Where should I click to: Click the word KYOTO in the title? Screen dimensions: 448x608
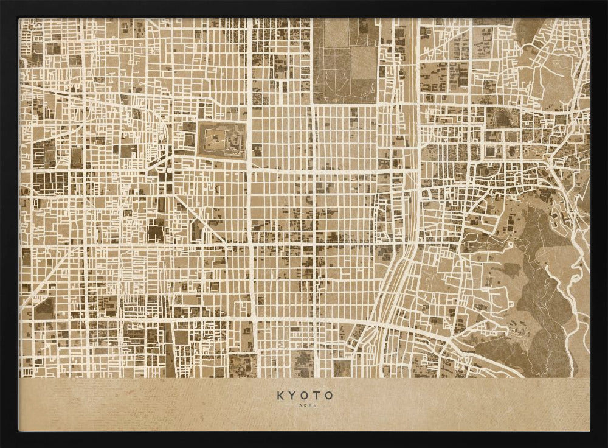(x=305, y=395)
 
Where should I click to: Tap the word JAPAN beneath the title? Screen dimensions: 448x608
(x=305, y=405)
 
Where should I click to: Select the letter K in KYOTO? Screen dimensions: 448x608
(x=280, y=395)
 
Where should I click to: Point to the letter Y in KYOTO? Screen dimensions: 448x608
(x=292, y=395)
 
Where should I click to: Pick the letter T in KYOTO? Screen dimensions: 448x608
(x=317, y=395)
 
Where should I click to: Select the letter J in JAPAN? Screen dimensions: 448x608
(x=295, y=405)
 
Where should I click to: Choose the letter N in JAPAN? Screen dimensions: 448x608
(x=314, y=405)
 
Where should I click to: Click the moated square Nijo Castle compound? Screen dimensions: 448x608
(x=222, y=141)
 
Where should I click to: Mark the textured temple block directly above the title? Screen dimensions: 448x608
(x=302, y=363)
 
